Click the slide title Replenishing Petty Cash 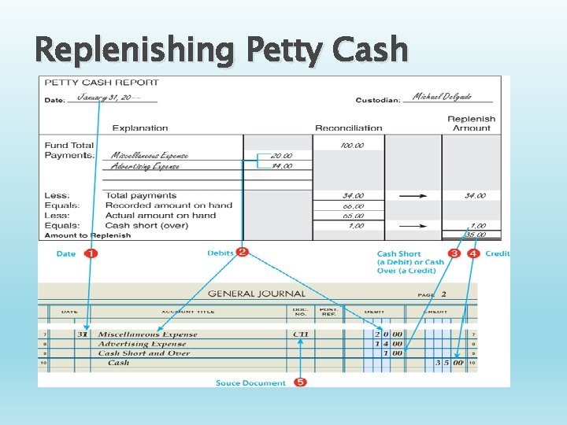coord(222,50)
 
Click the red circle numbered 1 coord(91,253)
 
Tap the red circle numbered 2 coord(243,252)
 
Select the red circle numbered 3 coord(454,253)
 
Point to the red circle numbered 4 coord(473,253)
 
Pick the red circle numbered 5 coord(300,382)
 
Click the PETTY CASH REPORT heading coord(102,82)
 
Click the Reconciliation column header coord(348,128)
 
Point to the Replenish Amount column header coord(471,123)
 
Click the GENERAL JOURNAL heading coord(256,294)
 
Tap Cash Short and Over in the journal coord(144,353)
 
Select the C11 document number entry coord(300,334)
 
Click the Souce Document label coord(250,382)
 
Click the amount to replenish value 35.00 coord(475,234)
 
